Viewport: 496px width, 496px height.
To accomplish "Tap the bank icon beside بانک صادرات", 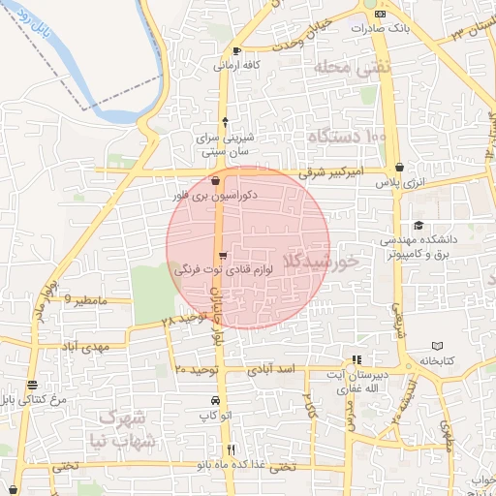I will pos(381,15).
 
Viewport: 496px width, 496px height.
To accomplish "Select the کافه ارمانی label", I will pos(238,66).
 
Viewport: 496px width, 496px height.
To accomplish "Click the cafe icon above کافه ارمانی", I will pos(238,51).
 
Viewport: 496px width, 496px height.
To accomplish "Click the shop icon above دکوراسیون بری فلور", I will pos(215,180).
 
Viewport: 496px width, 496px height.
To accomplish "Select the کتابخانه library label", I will pos(436,360).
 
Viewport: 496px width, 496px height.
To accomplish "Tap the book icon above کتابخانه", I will pos(437,346).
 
